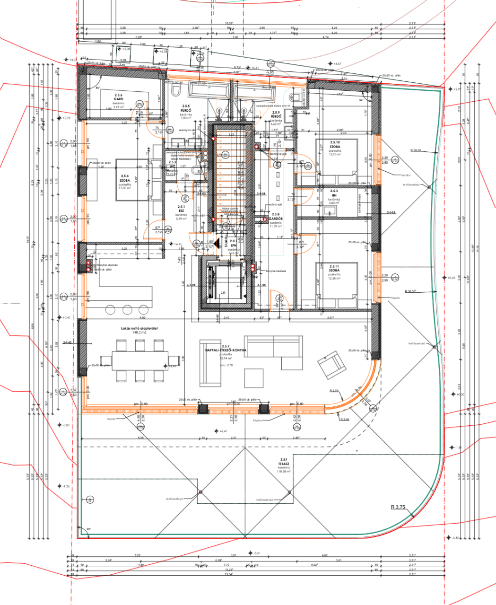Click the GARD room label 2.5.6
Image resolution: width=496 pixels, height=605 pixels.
(112, 99)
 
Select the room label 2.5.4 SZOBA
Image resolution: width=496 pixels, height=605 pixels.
(125, 177)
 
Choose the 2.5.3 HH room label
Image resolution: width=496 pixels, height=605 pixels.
(334, 193)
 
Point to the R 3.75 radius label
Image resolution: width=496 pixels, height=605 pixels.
(398, 507)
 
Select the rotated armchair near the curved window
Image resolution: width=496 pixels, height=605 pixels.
(331, 365)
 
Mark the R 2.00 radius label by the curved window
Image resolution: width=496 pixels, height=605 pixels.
(334, 390)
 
